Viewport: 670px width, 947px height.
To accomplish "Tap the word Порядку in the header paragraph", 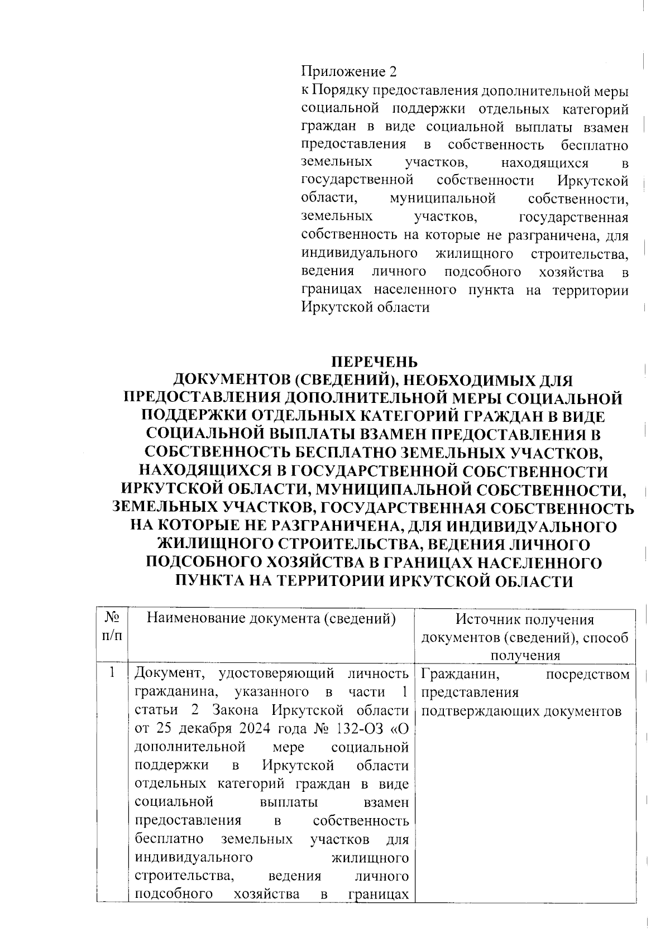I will point(341,90).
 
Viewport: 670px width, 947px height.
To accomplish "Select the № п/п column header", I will point(113,627).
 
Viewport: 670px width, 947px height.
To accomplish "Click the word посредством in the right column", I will point(587,675).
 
